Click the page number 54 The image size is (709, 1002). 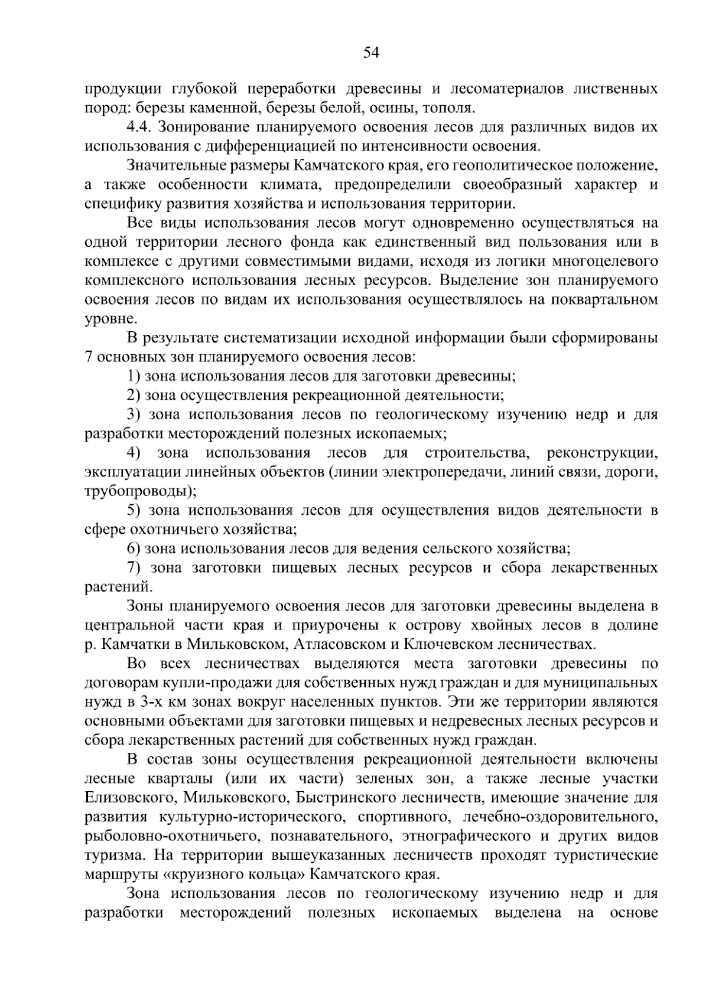pos(370,53)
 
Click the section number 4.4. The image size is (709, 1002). pos(139,128)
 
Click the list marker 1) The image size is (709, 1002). pos(134,376)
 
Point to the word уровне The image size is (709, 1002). pos(110,319)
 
